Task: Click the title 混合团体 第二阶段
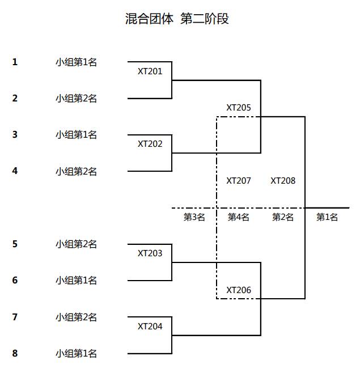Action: (177, 19)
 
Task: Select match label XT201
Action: (150, 71)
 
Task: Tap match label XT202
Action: (150, 144)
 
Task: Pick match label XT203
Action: (150, 253)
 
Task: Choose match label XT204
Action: (150, 327)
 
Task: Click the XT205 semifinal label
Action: (239, 107)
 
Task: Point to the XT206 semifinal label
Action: (239, 290)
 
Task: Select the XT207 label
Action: (239, 181)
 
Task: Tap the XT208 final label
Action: (283, 181)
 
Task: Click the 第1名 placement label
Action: (327, 217)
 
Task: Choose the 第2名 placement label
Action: (283, 217)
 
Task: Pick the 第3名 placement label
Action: (194, 217)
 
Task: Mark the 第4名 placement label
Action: (239, 217)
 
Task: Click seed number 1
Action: (15, 62)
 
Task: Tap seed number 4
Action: (15, 171)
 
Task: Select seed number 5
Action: (15, 244)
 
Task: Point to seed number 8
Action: (15, 354)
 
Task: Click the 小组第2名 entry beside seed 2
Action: (76, 99)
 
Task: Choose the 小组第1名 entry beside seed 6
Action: (76, 281)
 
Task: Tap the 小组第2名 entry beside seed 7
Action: (76, 317)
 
